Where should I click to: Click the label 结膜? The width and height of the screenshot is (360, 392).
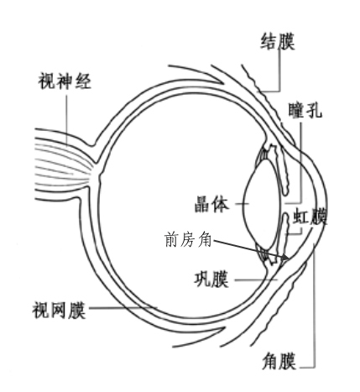[278, 42]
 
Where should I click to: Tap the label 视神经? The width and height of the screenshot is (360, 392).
[65, 81]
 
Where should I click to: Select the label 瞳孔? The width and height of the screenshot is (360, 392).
[305, 110]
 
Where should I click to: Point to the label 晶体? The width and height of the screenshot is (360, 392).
[211, 204]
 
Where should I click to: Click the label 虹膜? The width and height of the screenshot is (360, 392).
[310, 217]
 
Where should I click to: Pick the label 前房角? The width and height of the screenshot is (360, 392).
[188, 239]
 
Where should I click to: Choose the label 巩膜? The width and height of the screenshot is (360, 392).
[211, 279]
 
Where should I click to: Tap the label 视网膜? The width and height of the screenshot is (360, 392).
[59, 310]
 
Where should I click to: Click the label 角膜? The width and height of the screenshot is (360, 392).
[279, 361]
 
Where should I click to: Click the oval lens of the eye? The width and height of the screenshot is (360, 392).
[262, 204]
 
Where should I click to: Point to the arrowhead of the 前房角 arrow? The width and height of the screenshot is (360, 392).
[285, 258]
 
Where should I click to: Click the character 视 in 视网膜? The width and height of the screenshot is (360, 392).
[41, 310]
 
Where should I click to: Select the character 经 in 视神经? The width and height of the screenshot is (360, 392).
[83, 81]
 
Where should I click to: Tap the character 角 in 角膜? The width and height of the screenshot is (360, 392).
[270, 362]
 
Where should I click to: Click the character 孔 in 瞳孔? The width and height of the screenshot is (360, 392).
[314, 110]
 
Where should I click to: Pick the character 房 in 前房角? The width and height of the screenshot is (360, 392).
[188, 239]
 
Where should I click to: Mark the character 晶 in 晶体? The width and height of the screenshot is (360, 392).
[203, 204]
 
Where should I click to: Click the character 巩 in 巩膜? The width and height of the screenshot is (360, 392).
[202, 279]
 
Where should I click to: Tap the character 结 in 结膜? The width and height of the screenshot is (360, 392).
[269, 42]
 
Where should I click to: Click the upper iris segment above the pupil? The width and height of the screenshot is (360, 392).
[283, 170]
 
